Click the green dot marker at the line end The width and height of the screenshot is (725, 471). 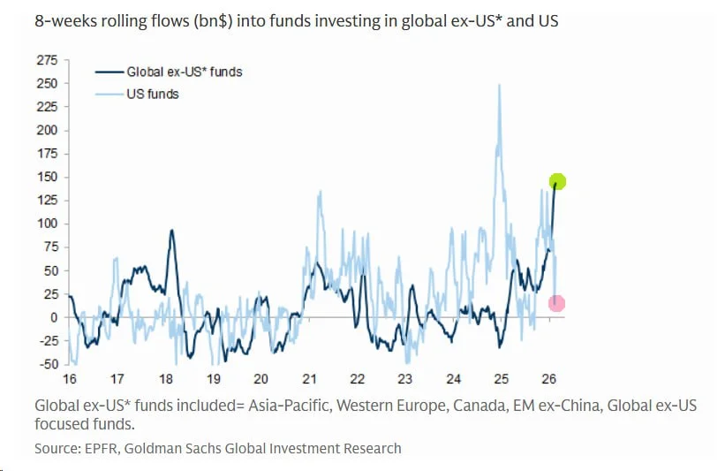557,182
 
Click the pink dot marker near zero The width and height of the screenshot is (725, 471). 556,303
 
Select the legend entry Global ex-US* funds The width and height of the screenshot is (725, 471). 184,72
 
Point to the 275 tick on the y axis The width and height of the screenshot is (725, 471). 47,60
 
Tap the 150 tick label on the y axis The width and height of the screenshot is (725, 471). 47,177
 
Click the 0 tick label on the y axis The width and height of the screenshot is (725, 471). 53,317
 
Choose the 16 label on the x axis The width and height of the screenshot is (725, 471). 69,379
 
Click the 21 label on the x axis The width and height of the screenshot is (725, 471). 308,379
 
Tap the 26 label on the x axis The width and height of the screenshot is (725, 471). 548,379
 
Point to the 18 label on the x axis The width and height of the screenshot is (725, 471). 165,379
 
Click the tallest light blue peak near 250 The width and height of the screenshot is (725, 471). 500,85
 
